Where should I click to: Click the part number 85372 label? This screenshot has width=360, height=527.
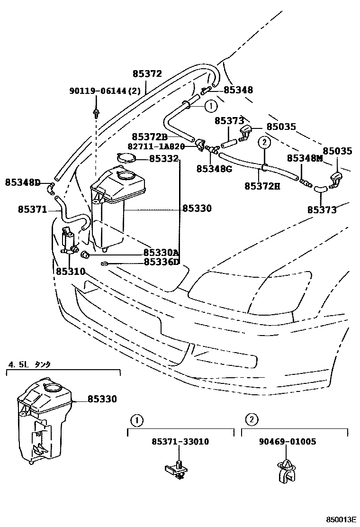click(147, 74)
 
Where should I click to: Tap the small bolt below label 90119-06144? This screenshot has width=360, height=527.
click(96, 113)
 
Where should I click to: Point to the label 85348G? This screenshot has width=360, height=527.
click(214, 168)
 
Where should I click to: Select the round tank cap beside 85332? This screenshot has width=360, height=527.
click(126, 159)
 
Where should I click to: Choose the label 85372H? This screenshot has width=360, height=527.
click(262, 186)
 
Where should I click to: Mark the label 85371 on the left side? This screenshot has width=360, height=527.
click(32, 209)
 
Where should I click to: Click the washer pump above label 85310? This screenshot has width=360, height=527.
click(69, 240)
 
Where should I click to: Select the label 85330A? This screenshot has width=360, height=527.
click(161, 253)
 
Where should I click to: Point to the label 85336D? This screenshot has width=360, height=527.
click(162, 262)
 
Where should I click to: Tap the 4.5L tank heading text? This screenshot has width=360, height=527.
click(28, 364)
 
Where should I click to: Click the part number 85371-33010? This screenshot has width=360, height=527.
click(180, 442)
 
